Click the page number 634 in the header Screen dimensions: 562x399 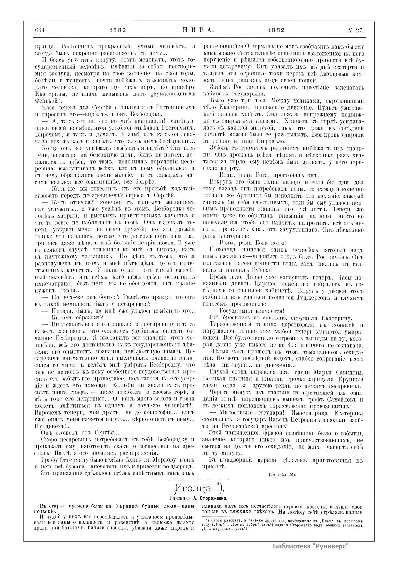(40, 30)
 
